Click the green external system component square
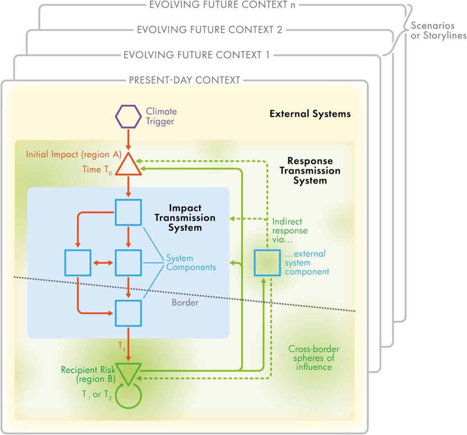[x=267, y=263]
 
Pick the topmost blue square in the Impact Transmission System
[x=128, y=212]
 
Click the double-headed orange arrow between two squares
[x=102, y=263]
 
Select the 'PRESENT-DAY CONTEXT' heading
[x=184, y=81]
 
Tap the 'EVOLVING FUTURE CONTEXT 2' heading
[x=209, y=30]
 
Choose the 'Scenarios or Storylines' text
[x=437, y=31]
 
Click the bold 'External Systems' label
[x=310, y=113]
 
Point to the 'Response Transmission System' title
[x=310, y=171]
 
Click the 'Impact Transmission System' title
[x=185, y=217]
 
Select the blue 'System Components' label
[x=191, y=262]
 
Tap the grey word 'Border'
[x=185, y=302]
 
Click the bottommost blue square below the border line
[x=128, y=313]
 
